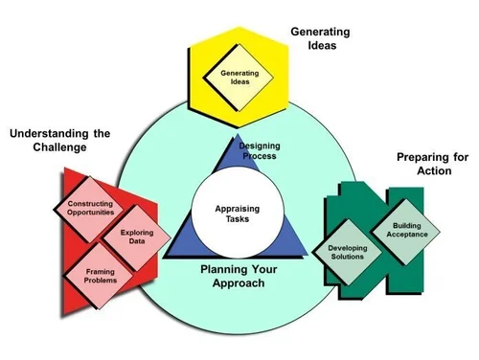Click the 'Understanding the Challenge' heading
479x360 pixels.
60,140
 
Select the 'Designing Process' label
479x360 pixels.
259,149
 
